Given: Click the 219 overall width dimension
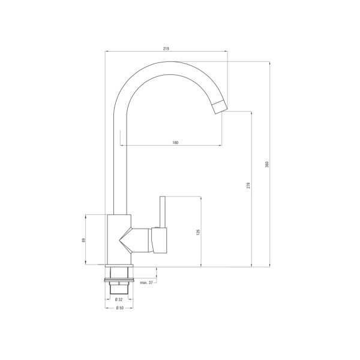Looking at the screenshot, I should pos(166,49).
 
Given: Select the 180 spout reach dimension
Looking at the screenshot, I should pos(175,142).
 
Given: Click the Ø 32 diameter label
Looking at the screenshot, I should pos(119,299).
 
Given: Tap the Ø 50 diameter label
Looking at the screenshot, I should pos(119,308).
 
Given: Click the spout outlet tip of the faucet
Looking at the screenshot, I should pos(220,107).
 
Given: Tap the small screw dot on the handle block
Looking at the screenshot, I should pos(157,229).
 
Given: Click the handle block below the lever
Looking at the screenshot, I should pos(160,241).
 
